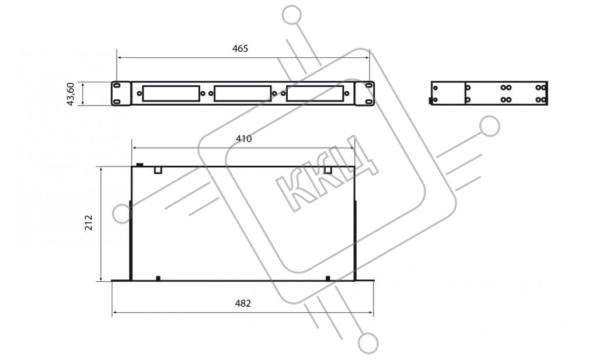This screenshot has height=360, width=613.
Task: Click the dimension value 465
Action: pyautogui.click(x=240, y=48)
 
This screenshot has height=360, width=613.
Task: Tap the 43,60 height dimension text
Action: pyautogui.click(x=71, y=94)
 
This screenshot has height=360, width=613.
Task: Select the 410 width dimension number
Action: pyautogui.click(x=243, y=139)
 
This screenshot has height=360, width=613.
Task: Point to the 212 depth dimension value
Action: pyautogui.click(x=89, y=222)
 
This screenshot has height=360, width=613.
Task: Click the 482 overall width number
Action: pyautogui.click(x=243, y=303)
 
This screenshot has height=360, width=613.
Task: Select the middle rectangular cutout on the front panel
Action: pyautogui.click(x=242, y=94)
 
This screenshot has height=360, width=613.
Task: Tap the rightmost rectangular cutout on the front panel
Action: pyautogui.click(x=315, y=94)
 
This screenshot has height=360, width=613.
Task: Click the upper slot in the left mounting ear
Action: pyautogui.click(x=117, y=85)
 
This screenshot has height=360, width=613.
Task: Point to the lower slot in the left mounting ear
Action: pyautogui.click(x=117, y=102)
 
